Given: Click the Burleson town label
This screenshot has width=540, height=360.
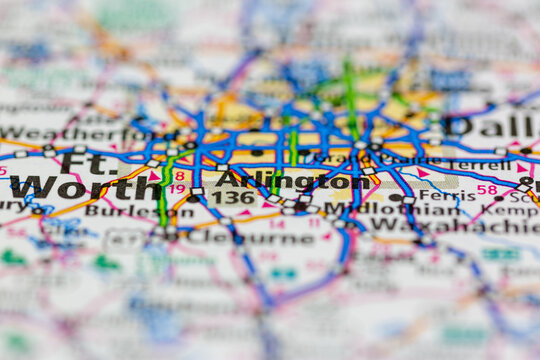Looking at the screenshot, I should click(x=125, y=211).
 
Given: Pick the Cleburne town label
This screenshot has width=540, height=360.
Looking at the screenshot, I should click(x=238, y=238).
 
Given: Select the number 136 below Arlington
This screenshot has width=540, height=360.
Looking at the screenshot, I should click(x=232, y=198).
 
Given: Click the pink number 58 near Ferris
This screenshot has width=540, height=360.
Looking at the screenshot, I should click(x=487, y=189).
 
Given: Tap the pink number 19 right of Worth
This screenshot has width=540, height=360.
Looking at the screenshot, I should click(x=177, y=188).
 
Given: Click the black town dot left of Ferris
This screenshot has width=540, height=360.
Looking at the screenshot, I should click(x=396, y=196).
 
